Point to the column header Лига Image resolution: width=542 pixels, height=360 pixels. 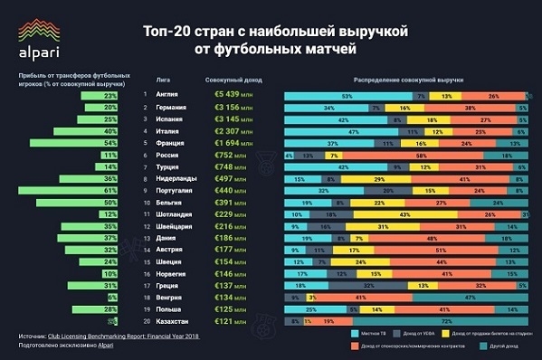[x=163, y=78]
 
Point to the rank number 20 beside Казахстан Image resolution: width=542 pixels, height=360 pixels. [x=145, y=320]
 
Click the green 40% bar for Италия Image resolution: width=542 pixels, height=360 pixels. [x=91, y=131]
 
